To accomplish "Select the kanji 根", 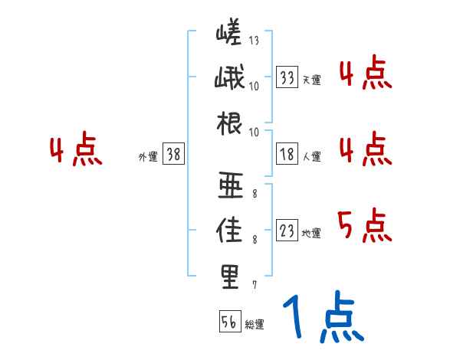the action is pyautogui.click(x=229, y=123).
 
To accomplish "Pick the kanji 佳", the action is pyautogui.click(x=229, y=231).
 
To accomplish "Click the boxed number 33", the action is pyautogui.click(x=287, y=77).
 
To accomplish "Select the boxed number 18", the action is pyautogui.click(x=287, y=155).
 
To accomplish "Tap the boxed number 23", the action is pyautogui.click(x=287, y=231).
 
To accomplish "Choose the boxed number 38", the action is pyautogui.click(x=173, y=155).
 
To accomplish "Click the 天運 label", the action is pyautogui.click(x=311, y=80).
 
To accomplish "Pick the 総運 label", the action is pyautogui.click(x=255, y=325).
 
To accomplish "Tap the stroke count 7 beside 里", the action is pyautogui.click(x=254, y=286).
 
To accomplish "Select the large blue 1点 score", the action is pyautogui.click(x=323, y=319).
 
